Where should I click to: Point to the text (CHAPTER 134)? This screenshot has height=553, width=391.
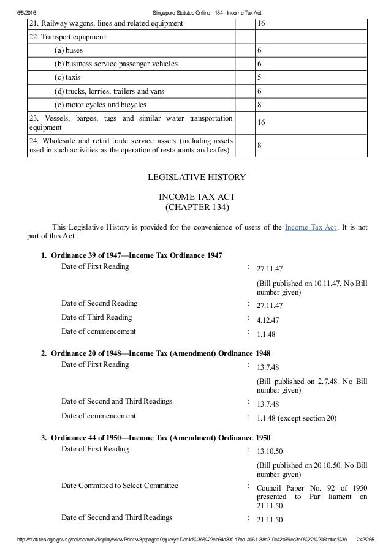coord(196,207)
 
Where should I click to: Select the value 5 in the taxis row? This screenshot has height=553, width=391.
coord(259,78)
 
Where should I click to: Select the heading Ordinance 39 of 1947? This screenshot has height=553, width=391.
coord(136,255)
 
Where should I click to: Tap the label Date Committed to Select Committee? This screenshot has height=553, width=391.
coord(120,486)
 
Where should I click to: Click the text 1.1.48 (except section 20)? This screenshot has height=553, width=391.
coord(297,418)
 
